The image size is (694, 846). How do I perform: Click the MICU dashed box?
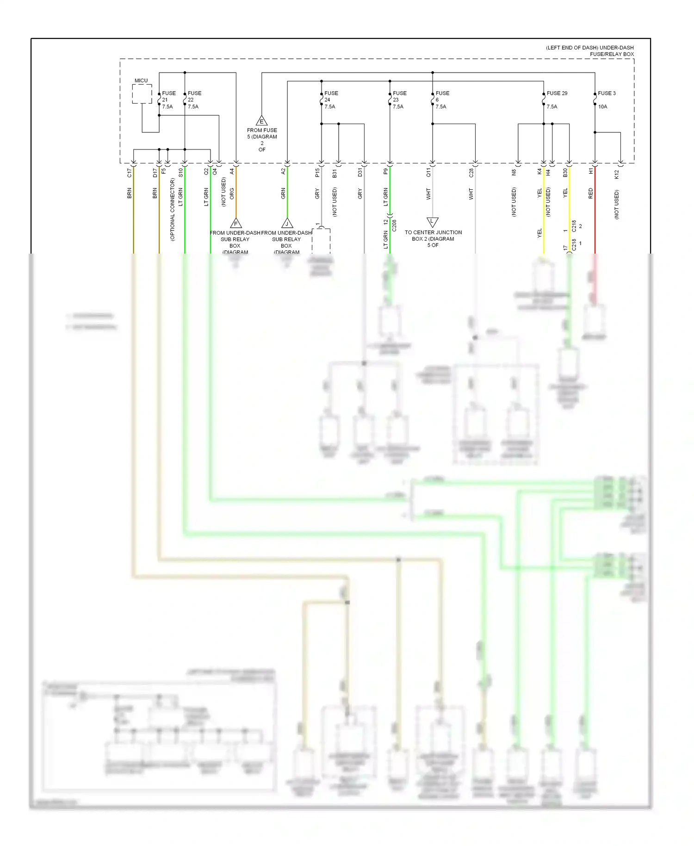[x=142, y=94]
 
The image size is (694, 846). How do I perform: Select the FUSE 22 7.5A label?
[x=194, y=100]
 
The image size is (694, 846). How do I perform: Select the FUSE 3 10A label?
[x=606, y=99]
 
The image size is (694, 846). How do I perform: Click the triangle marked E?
[x=262, y=121]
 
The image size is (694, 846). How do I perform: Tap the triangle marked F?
[x=236, y=224]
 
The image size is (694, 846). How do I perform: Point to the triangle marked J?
[x=287, y=224]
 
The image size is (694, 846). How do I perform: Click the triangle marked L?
[x=432, y=222]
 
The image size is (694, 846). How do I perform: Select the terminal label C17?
[x=130, y=173]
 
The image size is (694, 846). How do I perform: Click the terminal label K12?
[x=616, y=174]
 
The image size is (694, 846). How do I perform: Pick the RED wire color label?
[x=590, y=193]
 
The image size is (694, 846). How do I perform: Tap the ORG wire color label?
[x=232, y=193]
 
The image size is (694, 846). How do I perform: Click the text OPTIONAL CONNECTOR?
[x=172, y=209]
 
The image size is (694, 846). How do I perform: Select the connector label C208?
[x=394, y=225]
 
